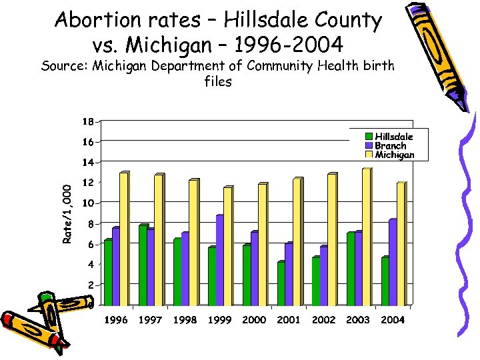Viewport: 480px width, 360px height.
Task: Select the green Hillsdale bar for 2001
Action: (x=281, y=283)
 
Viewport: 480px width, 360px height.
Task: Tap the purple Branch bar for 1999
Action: (x=219, y=260)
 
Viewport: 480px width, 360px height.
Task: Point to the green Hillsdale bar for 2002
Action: (x=315, y=281)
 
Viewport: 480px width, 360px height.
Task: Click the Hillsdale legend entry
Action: (x=393, y=137)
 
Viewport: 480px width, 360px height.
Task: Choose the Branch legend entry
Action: (x=390, y=145)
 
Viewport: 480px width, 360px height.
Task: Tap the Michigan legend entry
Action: (x=393, y=155)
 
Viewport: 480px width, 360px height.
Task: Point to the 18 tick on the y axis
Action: (x=87, y=121)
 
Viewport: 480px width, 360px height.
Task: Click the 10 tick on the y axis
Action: (x=87, y=203)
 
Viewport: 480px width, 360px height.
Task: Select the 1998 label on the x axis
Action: (x=185, y=320)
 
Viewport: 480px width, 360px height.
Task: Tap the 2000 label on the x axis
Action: (x=254, y=320)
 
